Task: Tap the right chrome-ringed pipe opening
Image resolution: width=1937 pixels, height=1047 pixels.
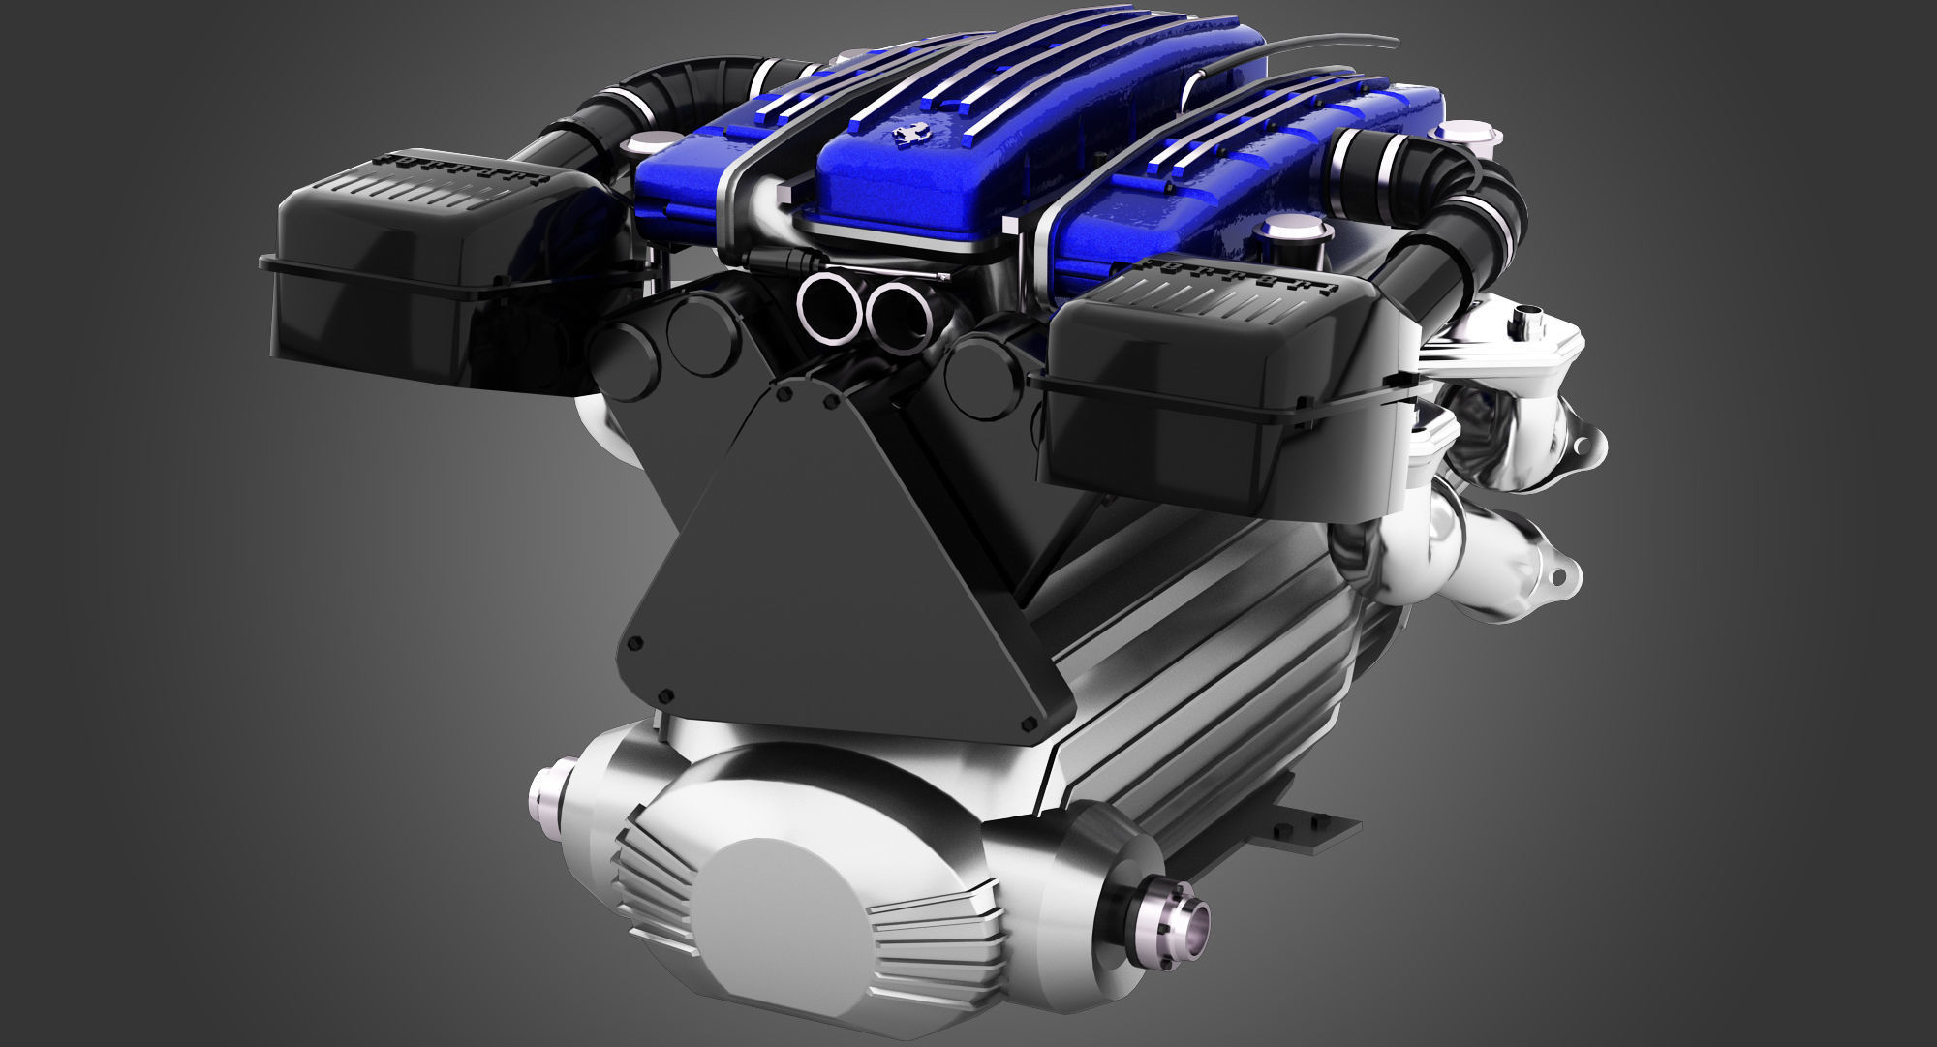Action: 902,317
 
